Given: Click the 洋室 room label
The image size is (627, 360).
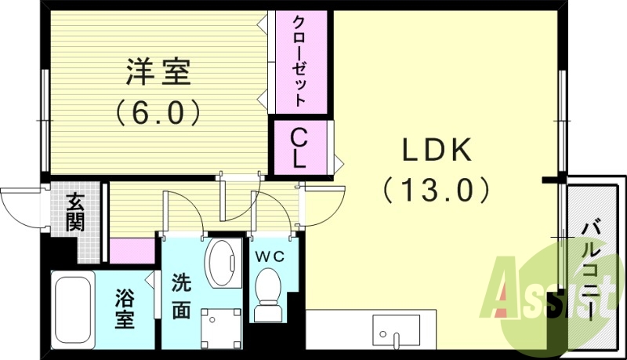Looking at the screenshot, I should [x=158, y=74].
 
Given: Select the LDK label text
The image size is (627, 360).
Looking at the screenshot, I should [x=436, y=148].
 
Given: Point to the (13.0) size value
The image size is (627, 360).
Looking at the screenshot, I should [x=437, y=189].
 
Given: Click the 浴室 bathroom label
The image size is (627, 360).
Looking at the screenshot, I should [x=124, y=308].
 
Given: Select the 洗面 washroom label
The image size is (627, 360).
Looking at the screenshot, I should [x=181, y=297].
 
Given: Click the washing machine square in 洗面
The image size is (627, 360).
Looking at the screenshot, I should [x=221, y=328].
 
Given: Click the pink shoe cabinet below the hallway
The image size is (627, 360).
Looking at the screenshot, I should [x=132, y=250].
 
